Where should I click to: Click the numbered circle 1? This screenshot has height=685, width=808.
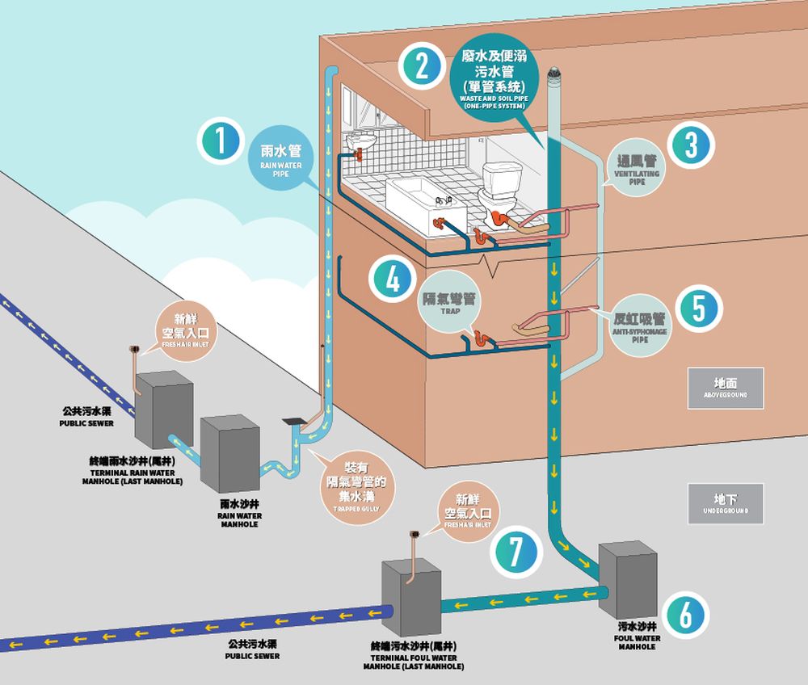(x=219, y=143)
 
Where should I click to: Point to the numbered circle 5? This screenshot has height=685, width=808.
(x=699, y=309)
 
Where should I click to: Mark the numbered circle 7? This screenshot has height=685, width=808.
(x=514, y=553)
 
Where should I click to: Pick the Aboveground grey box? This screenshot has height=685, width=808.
(x=725, y=387)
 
